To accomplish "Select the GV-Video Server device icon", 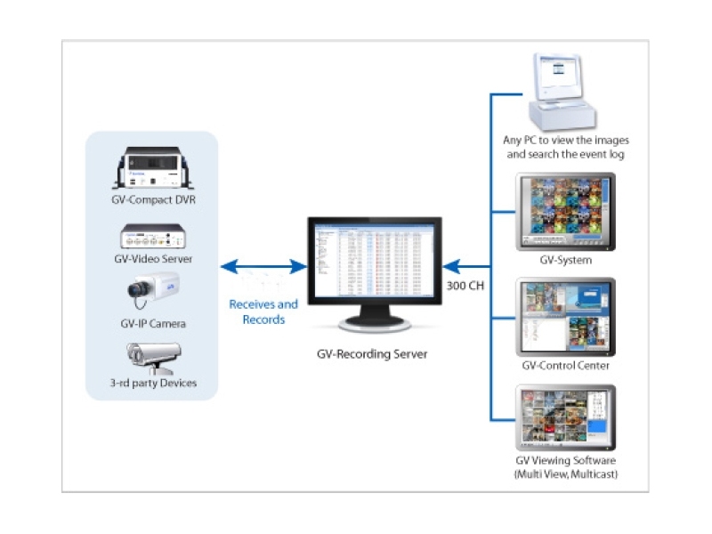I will pyautogui.click(x=153, y=238).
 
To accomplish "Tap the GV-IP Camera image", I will pyautogui.click(x=153, y=289).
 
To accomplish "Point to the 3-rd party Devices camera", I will pyautogui.click(x=153, y=357).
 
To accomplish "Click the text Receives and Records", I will pyautogui.click(x=263, y=311).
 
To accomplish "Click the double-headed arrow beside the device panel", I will pyautogui.click(x=263, y=265).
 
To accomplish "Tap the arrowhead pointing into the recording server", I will pyautogui.click(x=452, y=265).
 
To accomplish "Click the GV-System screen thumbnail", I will pyautogui.click(x=565, y=212).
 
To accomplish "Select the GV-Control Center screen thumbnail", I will pyautogui.click(x=565, y=317).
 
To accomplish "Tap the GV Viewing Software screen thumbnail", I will pyautogui.click(x=565, y=418).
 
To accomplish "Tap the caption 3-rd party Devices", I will pyautogui.click(x=153, y=384).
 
